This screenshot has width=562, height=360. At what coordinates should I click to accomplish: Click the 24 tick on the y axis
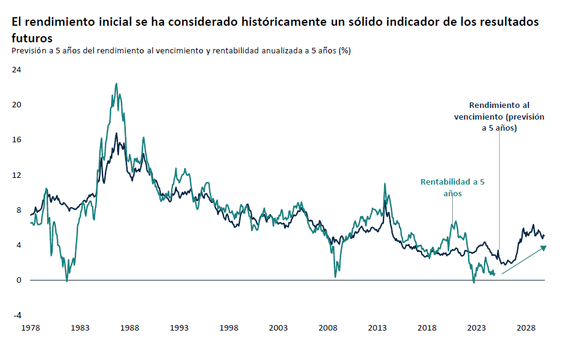17,69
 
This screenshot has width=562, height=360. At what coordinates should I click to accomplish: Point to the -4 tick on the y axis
17,315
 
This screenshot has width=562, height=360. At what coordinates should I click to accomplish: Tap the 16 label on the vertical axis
17,140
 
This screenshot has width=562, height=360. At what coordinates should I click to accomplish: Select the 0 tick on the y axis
19,280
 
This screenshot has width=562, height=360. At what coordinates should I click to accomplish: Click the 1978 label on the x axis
30,329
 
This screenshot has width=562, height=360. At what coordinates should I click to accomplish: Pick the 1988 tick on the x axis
129,329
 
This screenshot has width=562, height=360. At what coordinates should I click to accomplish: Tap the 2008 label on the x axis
328,329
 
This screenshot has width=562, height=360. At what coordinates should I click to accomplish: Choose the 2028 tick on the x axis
526,329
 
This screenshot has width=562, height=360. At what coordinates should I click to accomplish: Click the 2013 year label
377,329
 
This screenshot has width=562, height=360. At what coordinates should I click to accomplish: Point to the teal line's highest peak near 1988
117,84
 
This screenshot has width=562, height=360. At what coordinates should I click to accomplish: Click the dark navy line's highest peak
116,132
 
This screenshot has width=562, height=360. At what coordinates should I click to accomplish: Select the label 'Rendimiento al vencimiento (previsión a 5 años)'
499,117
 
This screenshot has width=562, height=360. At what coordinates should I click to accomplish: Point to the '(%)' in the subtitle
344,51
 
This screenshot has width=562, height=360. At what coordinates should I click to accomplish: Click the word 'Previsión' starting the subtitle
28,51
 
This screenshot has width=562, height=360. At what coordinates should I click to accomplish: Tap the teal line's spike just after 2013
385,183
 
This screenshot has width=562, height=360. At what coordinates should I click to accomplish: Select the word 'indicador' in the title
407,21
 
